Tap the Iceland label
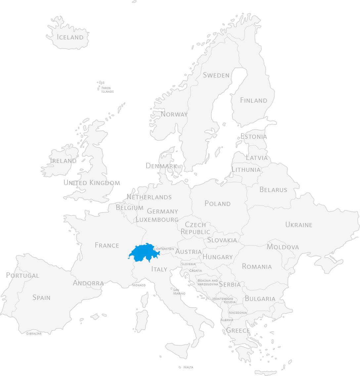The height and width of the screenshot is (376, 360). click(70, 37)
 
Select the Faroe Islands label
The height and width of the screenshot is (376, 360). click(107, 90)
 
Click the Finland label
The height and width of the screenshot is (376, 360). click(253, 100)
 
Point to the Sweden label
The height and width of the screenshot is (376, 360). click(216, 75)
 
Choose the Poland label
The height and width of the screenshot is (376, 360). click(217, 204)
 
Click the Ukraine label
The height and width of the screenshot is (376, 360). click(299, 225)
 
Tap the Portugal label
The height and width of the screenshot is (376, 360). click(22, 275)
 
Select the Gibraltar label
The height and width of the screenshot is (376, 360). click(34, 333)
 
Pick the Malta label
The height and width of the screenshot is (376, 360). click(188, 367)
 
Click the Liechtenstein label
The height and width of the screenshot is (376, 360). click(164, 249)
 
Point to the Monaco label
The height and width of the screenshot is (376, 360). click(139, 285)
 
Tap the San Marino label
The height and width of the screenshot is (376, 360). click(179, 291)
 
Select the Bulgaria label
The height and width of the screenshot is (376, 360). click(260, 299)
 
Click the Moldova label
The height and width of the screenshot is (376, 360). click(283, 247)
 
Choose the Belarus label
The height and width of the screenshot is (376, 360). click(273, 190)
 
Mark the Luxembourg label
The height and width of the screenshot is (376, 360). click(157, 219)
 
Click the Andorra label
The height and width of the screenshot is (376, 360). click(88, 283)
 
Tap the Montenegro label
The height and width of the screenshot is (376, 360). click(223, 299)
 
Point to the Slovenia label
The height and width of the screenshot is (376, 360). click(188, 264)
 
